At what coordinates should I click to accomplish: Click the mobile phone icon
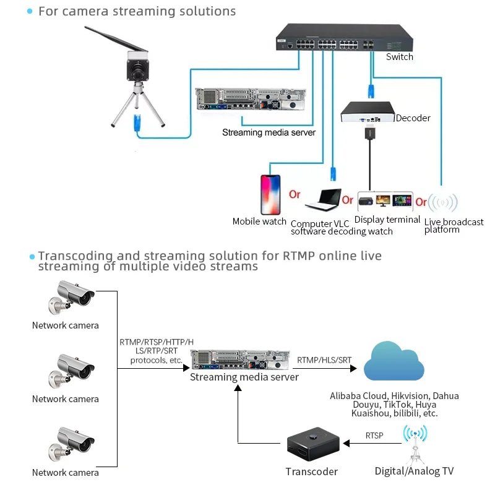(x=270, y=194)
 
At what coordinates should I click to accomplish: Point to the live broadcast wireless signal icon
(x=443, y=202)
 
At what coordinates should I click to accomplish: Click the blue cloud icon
(x=394, y=361)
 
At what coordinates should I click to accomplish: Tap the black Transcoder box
(x=311, y=447)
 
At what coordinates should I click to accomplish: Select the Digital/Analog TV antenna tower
(x=414, y=444)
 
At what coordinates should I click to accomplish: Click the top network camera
(x=72, y=296)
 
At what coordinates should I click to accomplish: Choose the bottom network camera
(x=72, y=442)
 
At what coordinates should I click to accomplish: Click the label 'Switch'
(x=399, y=57)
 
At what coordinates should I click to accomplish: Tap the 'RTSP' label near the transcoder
(x=374, y=436)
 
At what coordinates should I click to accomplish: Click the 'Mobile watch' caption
(x=259, y=222)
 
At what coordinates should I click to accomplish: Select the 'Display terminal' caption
(x=387, y=220)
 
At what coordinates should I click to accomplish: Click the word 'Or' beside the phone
(x=295, y=194)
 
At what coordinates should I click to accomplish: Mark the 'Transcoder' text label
(x=311, y=472)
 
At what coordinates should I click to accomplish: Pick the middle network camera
(x=72, y=369)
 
